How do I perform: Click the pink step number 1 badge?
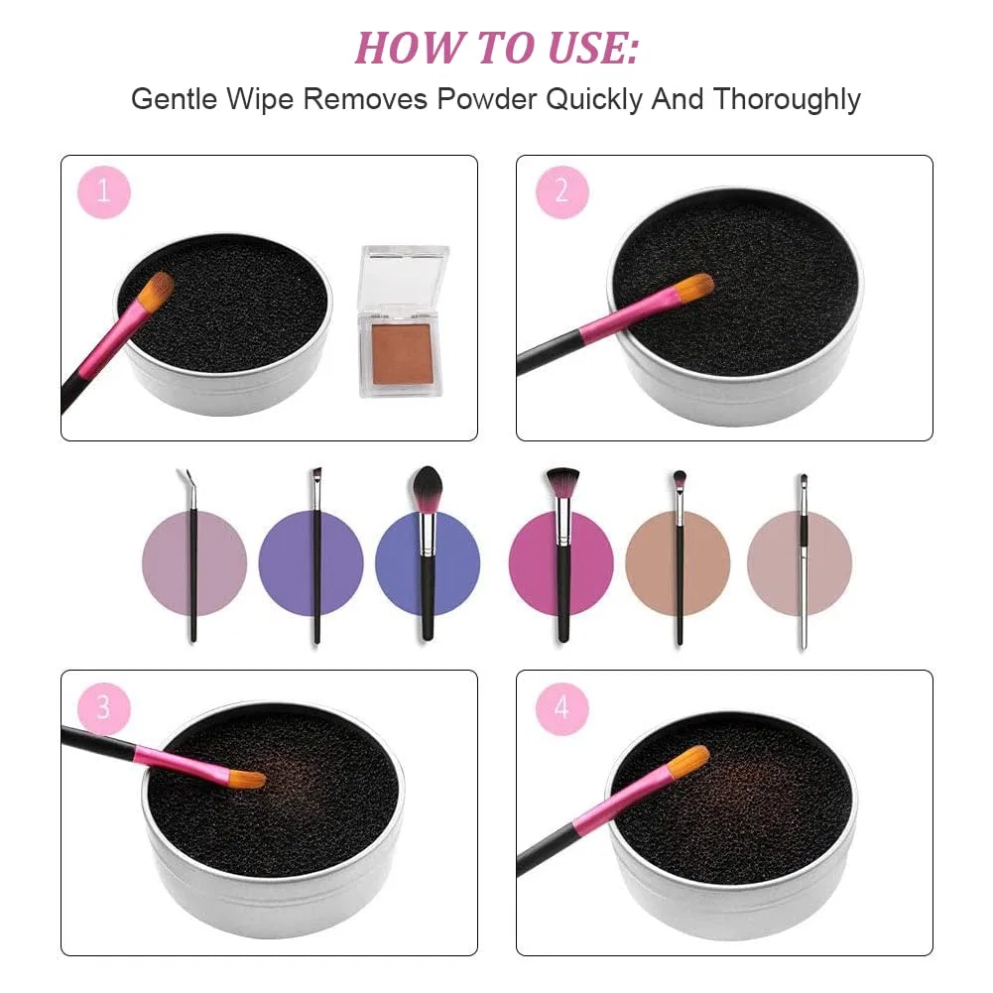[104, 191]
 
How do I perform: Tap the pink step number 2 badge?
[561, 191]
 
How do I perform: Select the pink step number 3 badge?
[104, 708]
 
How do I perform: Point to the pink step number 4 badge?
[561, 708]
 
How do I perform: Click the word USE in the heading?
[593, 49]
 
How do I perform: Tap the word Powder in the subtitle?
[486, 99]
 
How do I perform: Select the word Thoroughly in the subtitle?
[787, 100]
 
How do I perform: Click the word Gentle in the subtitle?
[174, 99]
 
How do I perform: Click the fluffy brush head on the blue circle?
[428, 488]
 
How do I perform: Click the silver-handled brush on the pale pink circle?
[803, 562]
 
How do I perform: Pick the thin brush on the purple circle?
[316, 557]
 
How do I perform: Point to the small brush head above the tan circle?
[680, 481]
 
